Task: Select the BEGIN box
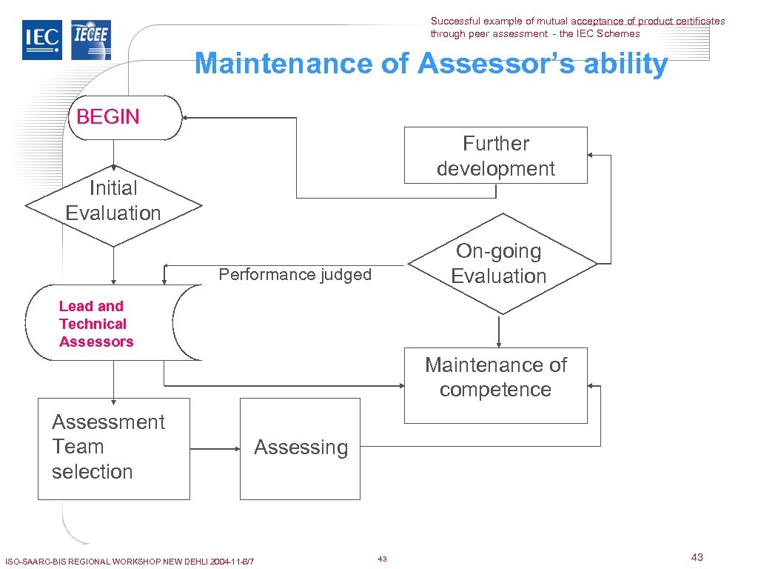[x=124, y=117]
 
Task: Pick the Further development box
[x=495, y=156]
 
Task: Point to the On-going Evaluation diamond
[x=502, y=263]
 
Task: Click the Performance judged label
[x=295, y=275]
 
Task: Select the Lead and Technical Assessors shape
[x=111, y=323]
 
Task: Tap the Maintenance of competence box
[x=495, y=385]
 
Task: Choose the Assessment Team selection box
[x=113, y=447]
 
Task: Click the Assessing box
[x=300, y=447]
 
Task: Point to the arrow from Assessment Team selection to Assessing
[x=215, y=448]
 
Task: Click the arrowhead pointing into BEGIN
[x=187, y=118]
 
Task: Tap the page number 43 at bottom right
[x=697, y=557]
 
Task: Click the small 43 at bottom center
[x=382, y=559]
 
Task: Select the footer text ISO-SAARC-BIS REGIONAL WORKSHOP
[x=129, y=562]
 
